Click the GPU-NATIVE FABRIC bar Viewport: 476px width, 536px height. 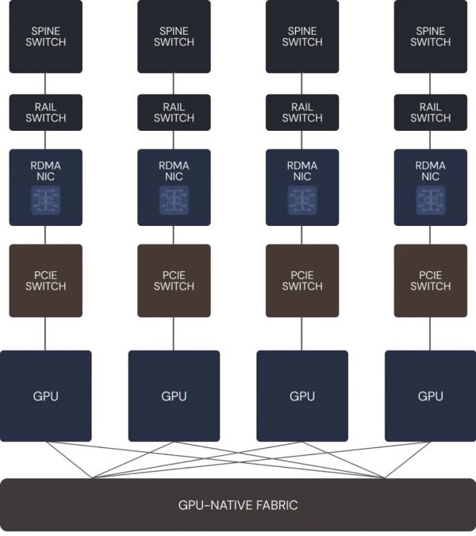coord(238,505)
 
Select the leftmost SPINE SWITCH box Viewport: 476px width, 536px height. coord(45,36)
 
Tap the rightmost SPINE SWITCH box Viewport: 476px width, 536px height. coord(431,36)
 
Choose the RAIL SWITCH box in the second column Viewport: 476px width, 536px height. coord(174,113)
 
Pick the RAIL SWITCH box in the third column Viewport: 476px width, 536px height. coord(302,113)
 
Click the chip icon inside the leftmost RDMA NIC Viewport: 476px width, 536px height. coord(45,201)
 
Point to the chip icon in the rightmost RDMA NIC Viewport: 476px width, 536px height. coord(431,201)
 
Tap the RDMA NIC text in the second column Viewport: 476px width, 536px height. coord(174,171)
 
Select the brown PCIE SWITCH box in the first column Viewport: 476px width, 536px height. coord(45,281)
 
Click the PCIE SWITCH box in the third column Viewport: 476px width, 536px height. coord(302,281)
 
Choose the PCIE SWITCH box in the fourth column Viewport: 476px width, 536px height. coord(431,281)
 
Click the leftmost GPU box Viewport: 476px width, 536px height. coord(45,396)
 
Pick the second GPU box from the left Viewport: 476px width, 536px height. coord(174,396)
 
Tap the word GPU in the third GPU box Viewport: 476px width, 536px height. coord(302,396)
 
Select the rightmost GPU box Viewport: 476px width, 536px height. coord(431,396)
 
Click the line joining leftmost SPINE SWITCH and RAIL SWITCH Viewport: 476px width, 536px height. coord(45,84)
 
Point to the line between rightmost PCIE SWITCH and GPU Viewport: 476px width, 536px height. coord(431,334)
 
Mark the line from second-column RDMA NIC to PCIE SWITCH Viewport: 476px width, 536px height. coord(174,235)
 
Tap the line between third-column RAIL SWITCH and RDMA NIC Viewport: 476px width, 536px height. coord(302,140)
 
